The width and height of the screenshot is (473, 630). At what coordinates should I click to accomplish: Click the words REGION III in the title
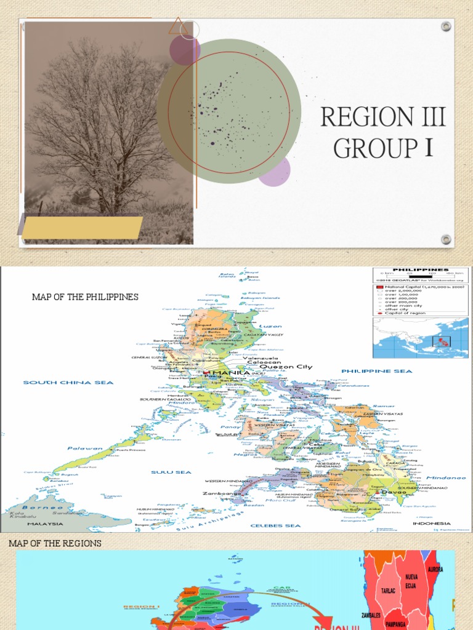(x=382, y=117)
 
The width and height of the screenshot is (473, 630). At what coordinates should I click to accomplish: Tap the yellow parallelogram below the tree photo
(x=83, y=227)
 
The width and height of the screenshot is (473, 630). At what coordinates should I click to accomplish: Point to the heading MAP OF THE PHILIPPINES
(x=85, y=297)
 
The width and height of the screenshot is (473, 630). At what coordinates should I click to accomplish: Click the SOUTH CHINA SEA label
(x=68, y=383)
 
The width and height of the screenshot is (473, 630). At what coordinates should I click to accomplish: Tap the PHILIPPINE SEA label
(x=378, y=371)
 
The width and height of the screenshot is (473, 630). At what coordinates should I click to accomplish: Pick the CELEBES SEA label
(x=275, y=526)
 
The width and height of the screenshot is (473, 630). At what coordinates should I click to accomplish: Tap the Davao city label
(x=393, y=492)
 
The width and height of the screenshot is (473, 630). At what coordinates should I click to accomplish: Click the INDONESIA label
(x=432, y=524)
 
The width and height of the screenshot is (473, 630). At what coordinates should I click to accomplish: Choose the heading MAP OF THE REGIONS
(x=55, y=543)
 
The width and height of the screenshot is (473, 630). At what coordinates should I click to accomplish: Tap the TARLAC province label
(x=388, y=590)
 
